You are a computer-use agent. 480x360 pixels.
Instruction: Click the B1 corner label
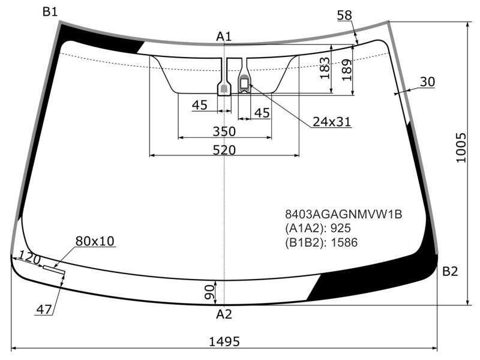click(x=50, y=12)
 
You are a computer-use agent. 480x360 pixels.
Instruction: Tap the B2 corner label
click(x=450, y=271)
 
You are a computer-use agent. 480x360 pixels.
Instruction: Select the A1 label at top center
click(x=224, y=37)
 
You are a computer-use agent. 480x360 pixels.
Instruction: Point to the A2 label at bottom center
click(x=224, y=314)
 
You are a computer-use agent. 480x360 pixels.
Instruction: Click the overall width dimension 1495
click(x=224, y=341)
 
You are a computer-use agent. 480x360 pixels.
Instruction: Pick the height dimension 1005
click(x=461, y=148)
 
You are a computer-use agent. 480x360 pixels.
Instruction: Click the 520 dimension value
click(x=224, y=150)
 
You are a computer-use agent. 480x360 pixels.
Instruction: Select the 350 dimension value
click(x=224, y=131)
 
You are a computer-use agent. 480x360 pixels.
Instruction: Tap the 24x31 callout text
click(x=332, y=122)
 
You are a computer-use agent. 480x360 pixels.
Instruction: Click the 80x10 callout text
click(x=95, y=241)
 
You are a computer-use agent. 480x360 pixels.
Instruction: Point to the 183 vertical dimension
click(x=325, y=68)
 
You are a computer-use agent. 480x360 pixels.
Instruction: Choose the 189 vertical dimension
click(x=347, y=70)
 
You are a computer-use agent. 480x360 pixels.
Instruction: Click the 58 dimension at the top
click(x=344, y=15)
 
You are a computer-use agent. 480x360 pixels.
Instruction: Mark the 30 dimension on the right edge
click(x=427, y=82)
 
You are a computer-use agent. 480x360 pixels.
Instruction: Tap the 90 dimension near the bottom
click(x=209, y=292)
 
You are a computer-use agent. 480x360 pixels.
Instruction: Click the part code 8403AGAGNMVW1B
click(x=343, y=214)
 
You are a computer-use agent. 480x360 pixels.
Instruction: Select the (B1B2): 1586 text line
click(x=321, y=242)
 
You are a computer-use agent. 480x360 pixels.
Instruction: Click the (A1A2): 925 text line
click(x=318, y=228)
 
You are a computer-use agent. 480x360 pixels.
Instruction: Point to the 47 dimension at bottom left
click(x=44, y=310)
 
